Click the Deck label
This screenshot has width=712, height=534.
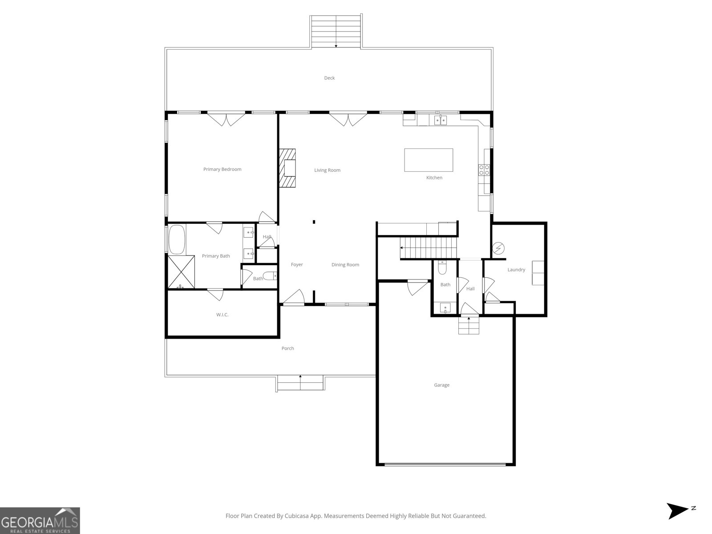pos(329,78)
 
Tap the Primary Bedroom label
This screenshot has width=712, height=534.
pos(222,169)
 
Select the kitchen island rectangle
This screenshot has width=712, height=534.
pos(429,160)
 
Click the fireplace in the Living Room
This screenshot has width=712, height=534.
pos(288,169)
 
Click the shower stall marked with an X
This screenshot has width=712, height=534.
pos(181,271)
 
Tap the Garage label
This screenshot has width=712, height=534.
pos(441,385)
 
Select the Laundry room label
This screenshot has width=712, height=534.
pos(516,270)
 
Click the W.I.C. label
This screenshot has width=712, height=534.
pos(222,315)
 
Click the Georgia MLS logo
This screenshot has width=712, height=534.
pos(40,520)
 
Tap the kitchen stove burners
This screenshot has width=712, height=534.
pos(484,170)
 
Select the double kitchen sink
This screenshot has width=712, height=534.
pos(441,120)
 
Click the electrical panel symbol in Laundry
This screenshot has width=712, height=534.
pos(498,247)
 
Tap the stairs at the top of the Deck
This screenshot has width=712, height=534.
pos(336,31)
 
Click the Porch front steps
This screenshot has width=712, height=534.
pos(300,383)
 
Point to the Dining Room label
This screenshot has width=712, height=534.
pos(345,265)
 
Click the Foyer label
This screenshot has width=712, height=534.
pos(297,264)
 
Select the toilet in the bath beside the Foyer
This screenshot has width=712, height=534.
pos(270,276)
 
